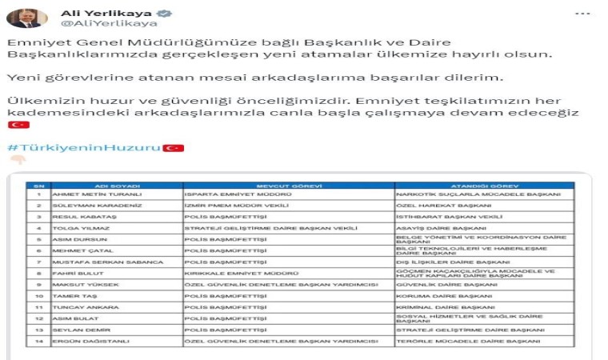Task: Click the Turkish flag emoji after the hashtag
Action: (174, 148)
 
